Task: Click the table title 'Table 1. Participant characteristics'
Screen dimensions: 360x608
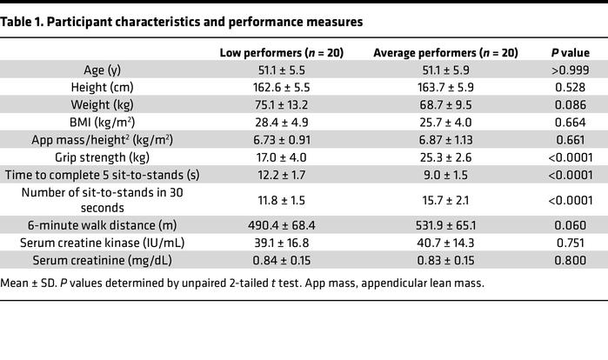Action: click(184, 21)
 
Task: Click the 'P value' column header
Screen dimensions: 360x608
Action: click(566, 53)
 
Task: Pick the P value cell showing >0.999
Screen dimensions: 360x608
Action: click(566, 70)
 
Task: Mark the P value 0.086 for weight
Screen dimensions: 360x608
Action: click(566, 105)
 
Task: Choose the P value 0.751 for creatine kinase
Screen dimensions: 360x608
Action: click(566, 242)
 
